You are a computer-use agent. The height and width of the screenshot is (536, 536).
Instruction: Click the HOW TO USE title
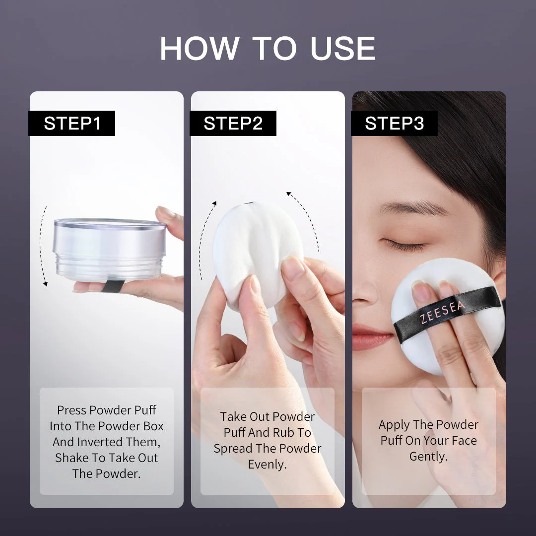tap(268, 49)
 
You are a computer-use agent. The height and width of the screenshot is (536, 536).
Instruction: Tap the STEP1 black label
tap(72, 124)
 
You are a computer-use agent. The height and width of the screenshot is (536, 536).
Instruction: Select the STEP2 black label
tap(233, 124)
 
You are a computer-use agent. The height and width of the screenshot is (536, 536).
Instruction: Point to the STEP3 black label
tap(395, 124)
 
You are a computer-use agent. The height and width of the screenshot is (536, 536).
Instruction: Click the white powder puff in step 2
tap(253, 248)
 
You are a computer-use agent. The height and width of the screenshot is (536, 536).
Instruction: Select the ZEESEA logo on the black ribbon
tap(443, 312)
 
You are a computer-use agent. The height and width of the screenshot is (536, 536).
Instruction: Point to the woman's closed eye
tap(404, 244)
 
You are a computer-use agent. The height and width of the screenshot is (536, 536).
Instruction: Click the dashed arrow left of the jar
tap(44, 246)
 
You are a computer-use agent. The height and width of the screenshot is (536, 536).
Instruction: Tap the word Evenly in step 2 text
tap(267, 465)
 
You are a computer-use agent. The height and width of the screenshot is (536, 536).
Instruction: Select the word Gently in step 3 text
tap(428, 457)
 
